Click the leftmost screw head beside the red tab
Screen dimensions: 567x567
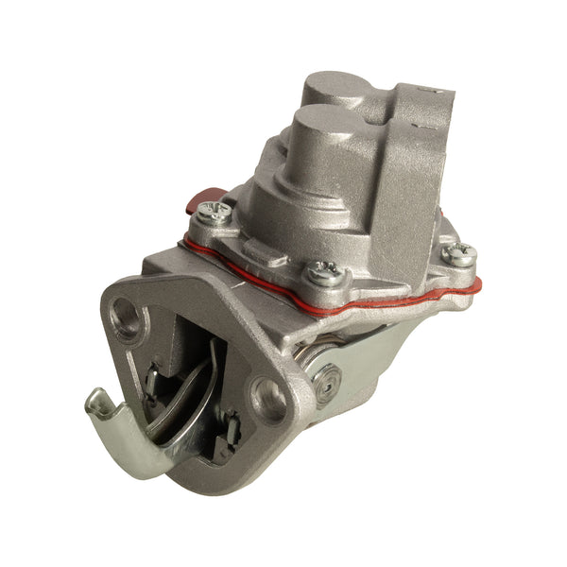pos(216,214)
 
